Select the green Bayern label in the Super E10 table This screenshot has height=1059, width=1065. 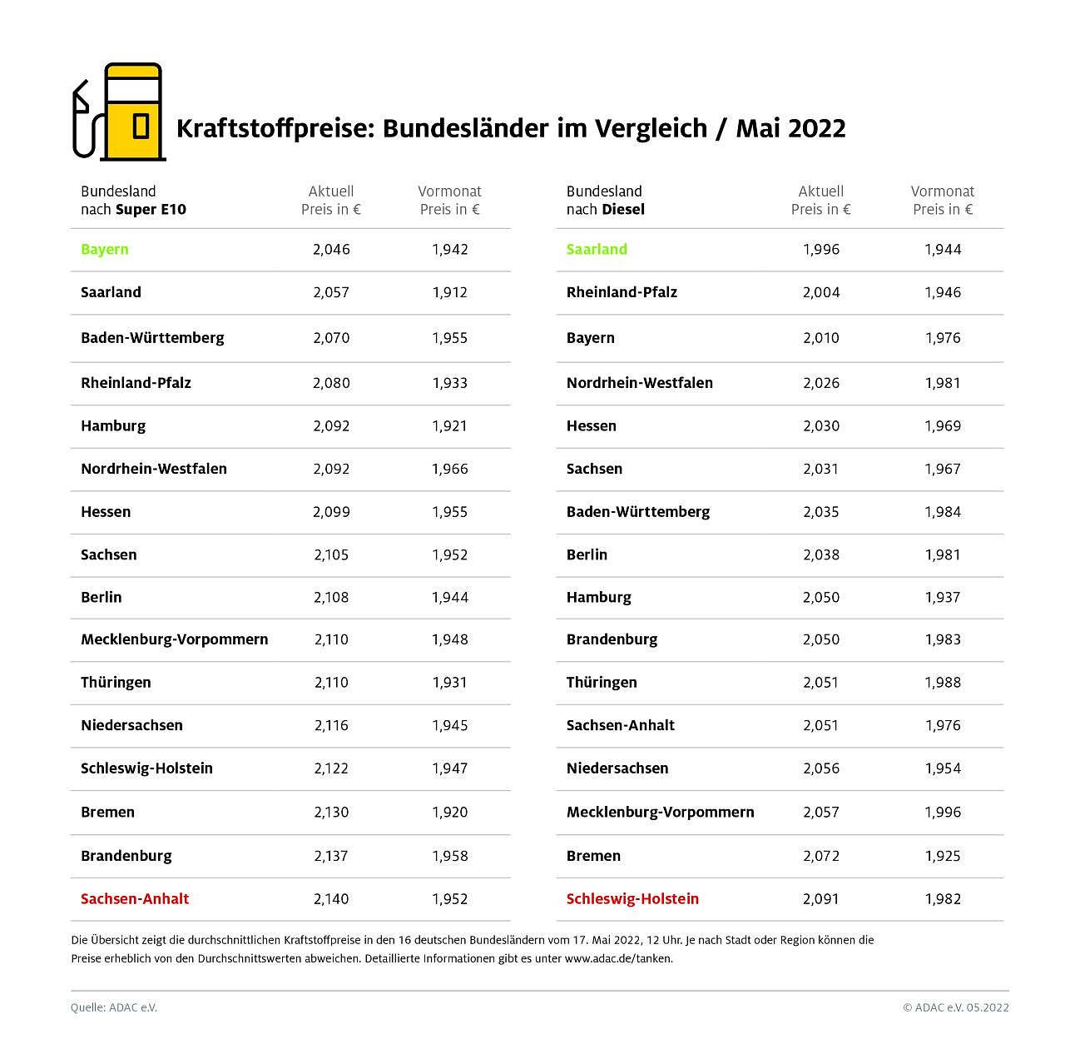coord(105,249)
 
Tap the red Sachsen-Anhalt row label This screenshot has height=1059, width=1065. coord(135,898)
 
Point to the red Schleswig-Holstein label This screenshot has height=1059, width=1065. coord(632,898)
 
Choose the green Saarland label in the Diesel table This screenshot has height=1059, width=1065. coord(597,249)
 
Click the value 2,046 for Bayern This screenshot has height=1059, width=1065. coord(331,249)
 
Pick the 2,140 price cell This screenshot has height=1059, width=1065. coord(331,898)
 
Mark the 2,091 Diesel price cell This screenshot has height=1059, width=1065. coord(821,898)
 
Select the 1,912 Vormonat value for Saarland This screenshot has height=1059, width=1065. coord(450,292)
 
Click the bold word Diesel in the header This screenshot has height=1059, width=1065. coord(623,209)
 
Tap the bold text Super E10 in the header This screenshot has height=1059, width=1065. coord(151,209)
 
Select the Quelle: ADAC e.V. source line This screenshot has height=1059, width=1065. coord(114,1007)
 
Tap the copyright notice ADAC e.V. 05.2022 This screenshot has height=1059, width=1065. coord(956,1007)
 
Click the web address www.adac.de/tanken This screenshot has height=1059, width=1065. coord(617,958)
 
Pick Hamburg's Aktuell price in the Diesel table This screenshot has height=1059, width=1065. coord(821,597)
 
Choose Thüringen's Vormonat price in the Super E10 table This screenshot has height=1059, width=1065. coord(450,682)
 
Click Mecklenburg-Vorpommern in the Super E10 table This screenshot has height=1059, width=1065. coord(174,639)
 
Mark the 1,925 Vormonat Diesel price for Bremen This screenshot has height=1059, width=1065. coord(943,855)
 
